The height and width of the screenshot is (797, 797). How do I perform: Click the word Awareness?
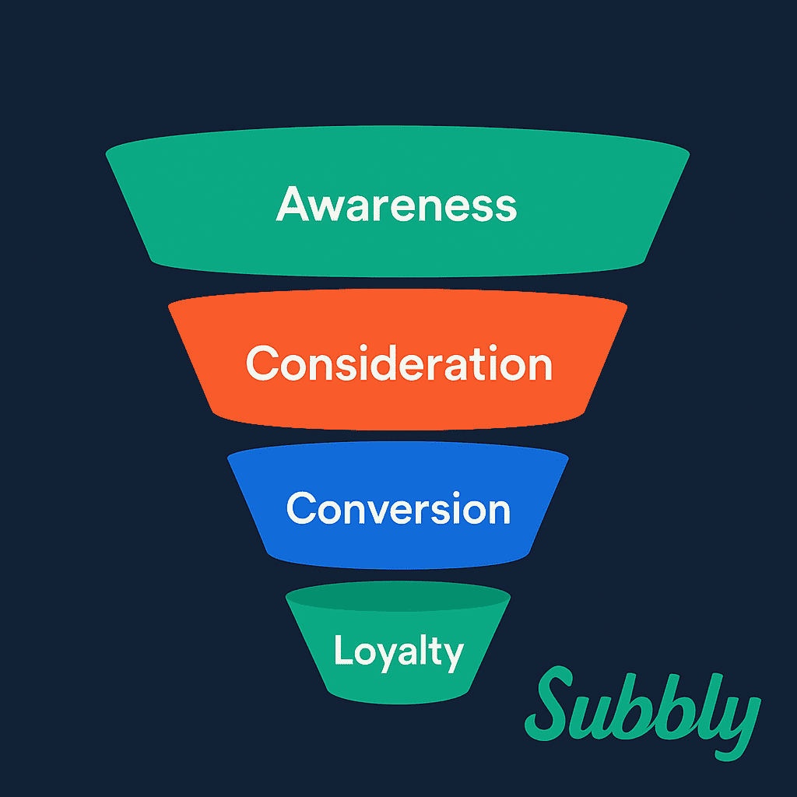tap(396, 204)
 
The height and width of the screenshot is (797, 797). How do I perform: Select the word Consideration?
tap(399, 363)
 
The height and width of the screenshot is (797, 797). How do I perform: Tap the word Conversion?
tap(398, 507)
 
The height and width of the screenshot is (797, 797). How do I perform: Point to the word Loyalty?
tap(398, 651)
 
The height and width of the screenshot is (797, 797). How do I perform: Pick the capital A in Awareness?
tap(293, 204)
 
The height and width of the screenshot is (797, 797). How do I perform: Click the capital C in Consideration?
tap(262, 363)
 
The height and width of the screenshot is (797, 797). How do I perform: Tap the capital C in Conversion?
tap(303, 507)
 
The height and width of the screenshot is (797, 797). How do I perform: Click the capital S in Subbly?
tap(549, 703)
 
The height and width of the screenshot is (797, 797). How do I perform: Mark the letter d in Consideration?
tap(378, 363)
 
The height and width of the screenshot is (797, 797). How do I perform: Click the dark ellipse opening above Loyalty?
tap(398, 595)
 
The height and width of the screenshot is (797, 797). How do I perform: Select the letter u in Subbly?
tap(590, 718)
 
